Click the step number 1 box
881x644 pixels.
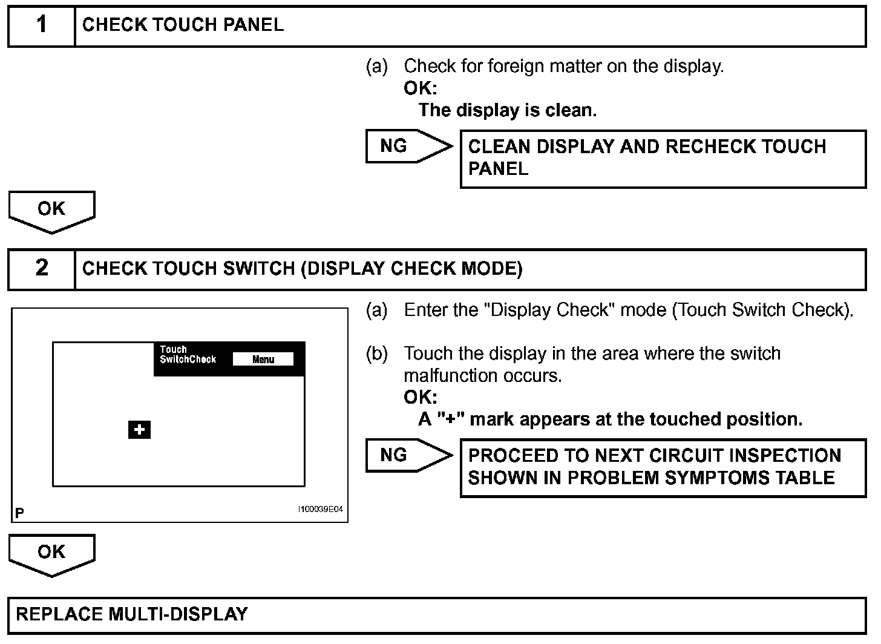41,25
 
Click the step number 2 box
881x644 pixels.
41,269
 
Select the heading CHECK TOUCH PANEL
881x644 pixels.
183,25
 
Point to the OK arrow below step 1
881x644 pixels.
51,210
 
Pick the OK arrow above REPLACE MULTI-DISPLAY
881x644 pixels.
51,553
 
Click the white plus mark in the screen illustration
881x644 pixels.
139,430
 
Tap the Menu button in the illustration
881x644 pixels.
263,360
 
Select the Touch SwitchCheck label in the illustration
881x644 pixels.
188,355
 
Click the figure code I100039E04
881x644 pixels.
320,510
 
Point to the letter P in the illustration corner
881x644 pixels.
20,513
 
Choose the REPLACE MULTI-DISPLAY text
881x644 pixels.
132,614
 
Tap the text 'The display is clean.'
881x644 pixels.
508,110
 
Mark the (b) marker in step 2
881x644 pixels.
376,354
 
